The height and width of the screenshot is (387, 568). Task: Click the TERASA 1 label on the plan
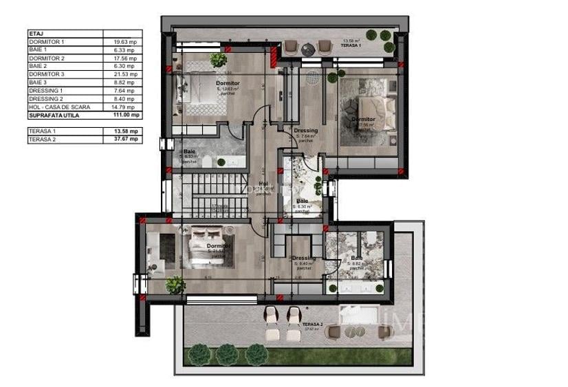click(x=351, y=45)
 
